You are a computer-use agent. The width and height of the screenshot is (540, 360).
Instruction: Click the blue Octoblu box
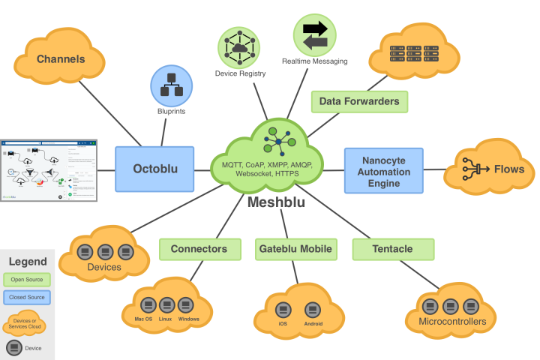coord(154,169)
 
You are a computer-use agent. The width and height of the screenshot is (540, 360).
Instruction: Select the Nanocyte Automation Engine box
coord(383,169)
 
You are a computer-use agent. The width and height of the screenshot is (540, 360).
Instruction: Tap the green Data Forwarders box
coord(359,101)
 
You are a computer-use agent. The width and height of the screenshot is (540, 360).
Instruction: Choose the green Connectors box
coord(199,249)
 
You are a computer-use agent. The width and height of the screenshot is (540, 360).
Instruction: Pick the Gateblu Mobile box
coord(295,249)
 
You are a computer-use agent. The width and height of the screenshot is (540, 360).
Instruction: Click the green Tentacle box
coord(392,249)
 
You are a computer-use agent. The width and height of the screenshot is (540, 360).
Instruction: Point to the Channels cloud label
coord(61,59)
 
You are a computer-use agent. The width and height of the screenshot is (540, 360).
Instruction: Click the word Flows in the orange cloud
coord(509,169)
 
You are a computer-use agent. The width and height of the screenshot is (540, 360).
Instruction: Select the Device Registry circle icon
coord(238,46)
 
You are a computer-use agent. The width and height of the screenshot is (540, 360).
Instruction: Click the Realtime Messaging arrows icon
coord(315,34)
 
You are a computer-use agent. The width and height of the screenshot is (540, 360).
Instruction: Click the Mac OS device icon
coord(145,305)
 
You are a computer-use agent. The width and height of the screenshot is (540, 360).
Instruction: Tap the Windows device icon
coord(188,305)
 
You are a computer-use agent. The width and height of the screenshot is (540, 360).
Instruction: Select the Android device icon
coord(313,310)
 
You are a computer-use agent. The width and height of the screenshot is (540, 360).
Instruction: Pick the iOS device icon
coord(283,310)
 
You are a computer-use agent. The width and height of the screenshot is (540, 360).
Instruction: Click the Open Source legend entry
coord(28,280)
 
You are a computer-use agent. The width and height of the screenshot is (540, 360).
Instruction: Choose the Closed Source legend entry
coord(28,298)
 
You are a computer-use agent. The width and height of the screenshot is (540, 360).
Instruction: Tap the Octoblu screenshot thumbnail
coord(49,169)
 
